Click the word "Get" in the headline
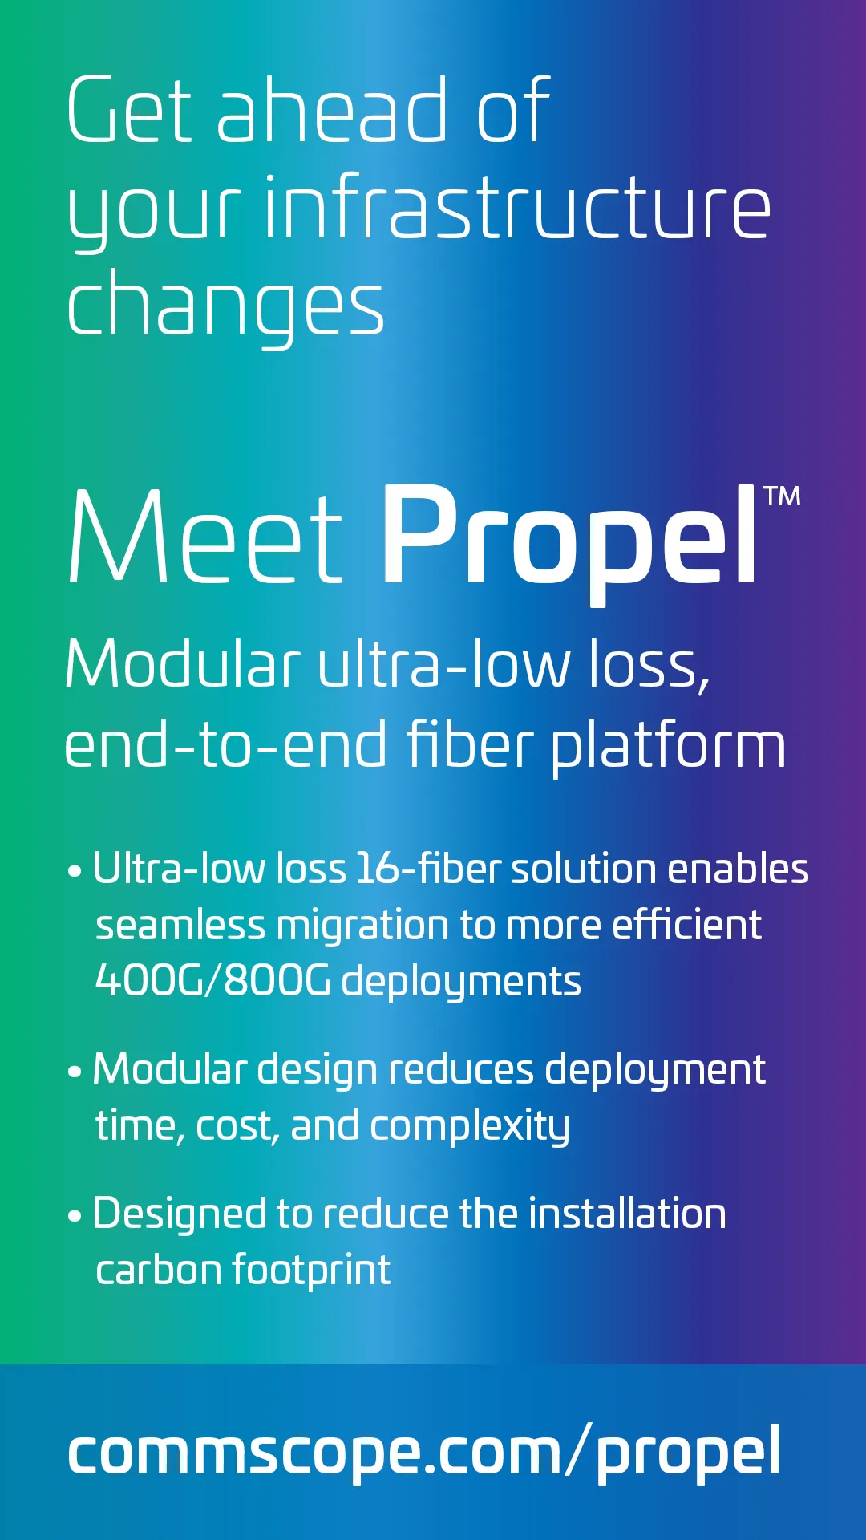(x=130, y=110)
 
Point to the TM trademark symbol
(x=782, y=496)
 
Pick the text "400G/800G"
(x=212, y=981)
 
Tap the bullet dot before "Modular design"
(x=75, y=1072)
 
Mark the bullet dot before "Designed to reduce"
(x=75, y=1217)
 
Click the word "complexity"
(x=470, y=1127)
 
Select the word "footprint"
(x=311, y=1270)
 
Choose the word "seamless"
(x=180, y=926)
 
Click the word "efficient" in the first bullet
(x=687, y=925)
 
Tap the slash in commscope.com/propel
(x=578, y=1449)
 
